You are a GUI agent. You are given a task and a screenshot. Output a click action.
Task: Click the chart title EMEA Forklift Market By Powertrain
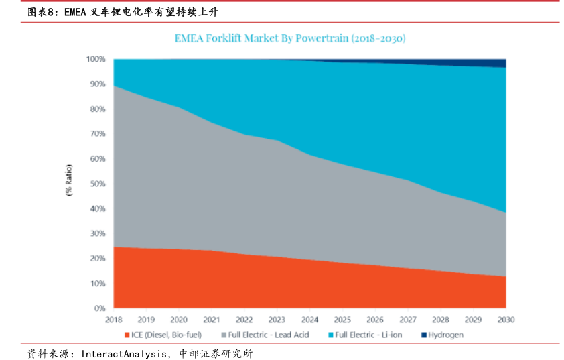(x=290, y=38)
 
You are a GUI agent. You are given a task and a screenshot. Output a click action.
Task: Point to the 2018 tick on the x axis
(x=114, y=320)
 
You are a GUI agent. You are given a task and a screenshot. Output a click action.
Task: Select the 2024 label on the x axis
(x=309, y=320)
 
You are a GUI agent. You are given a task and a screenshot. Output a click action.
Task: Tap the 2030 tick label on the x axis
(x=506, y=320)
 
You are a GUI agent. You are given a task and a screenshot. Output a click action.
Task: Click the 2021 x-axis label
(x=212, y=320)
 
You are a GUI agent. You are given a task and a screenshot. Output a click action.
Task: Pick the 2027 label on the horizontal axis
(x=408, y=320)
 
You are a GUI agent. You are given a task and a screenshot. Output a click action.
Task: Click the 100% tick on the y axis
(x=96, y=59)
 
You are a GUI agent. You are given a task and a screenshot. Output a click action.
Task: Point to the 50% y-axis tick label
(x=98, y=184)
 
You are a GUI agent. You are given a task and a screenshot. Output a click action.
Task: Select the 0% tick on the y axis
(x=100, y=308)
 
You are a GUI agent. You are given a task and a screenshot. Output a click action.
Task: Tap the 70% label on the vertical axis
(x=98, y=134)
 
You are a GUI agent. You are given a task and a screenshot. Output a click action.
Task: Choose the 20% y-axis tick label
(x=98, y=259)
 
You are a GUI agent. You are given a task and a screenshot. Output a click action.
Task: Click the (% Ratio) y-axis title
(x=69, y=181)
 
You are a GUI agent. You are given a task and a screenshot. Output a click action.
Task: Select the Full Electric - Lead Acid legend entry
(x=269, y=335)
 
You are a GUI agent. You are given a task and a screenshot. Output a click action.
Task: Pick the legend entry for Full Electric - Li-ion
(x=368, y=335)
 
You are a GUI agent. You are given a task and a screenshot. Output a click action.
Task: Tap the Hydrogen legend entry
(x=445, y=335)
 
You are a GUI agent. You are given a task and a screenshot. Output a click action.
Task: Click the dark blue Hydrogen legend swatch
(x=423, y=335)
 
